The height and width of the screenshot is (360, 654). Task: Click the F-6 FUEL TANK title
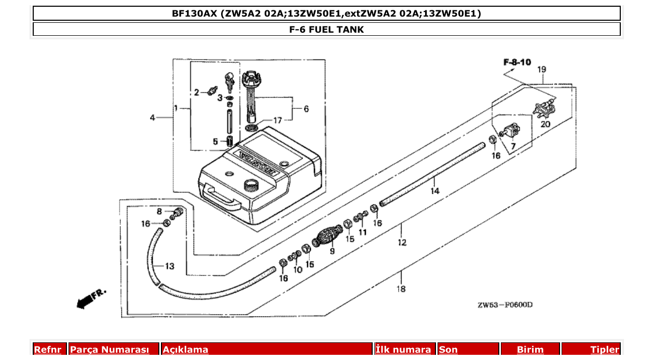tap(326, 30)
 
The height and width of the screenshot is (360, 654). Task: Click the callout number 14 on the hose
tap(434, 191)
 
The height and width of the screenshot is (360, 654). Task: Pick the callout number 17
tap(278, 120)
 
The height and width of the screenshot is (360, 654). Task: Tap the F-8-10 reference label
tap(517, 62)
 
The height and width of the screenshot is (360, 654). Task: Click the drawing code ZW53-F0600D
tap(505, 305)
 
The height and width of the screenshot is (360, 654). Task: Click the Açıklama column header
tap(185, 350)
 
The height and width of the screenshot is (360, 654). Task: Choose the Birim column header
tap(530, 350)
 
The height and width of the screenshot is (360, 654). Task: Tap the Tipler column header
tap(605, 350)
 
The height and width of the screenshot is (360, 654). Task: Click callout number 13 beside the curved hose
tap(170, 267)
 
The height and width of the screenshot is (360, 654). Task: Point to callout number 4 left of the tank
tap(152, 118)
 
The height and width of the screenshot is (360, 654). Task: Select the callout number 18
tap(401, 289)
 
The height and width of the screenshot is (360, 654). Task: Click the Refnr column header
tap(48, 350)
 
